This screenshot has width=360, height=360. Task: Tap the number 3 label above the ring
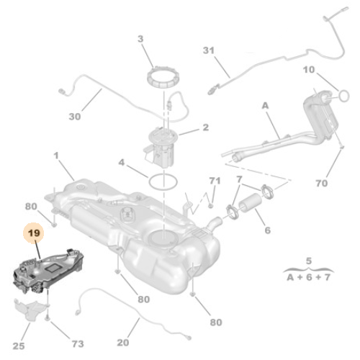tap(141, 38)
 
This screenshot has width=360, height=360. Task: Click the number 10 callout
tap(308, 70)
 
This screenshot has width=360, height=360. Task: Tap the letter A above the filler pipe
tap(264, 104)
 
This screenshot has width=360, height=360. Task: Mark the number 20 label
tap(123, 343)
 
